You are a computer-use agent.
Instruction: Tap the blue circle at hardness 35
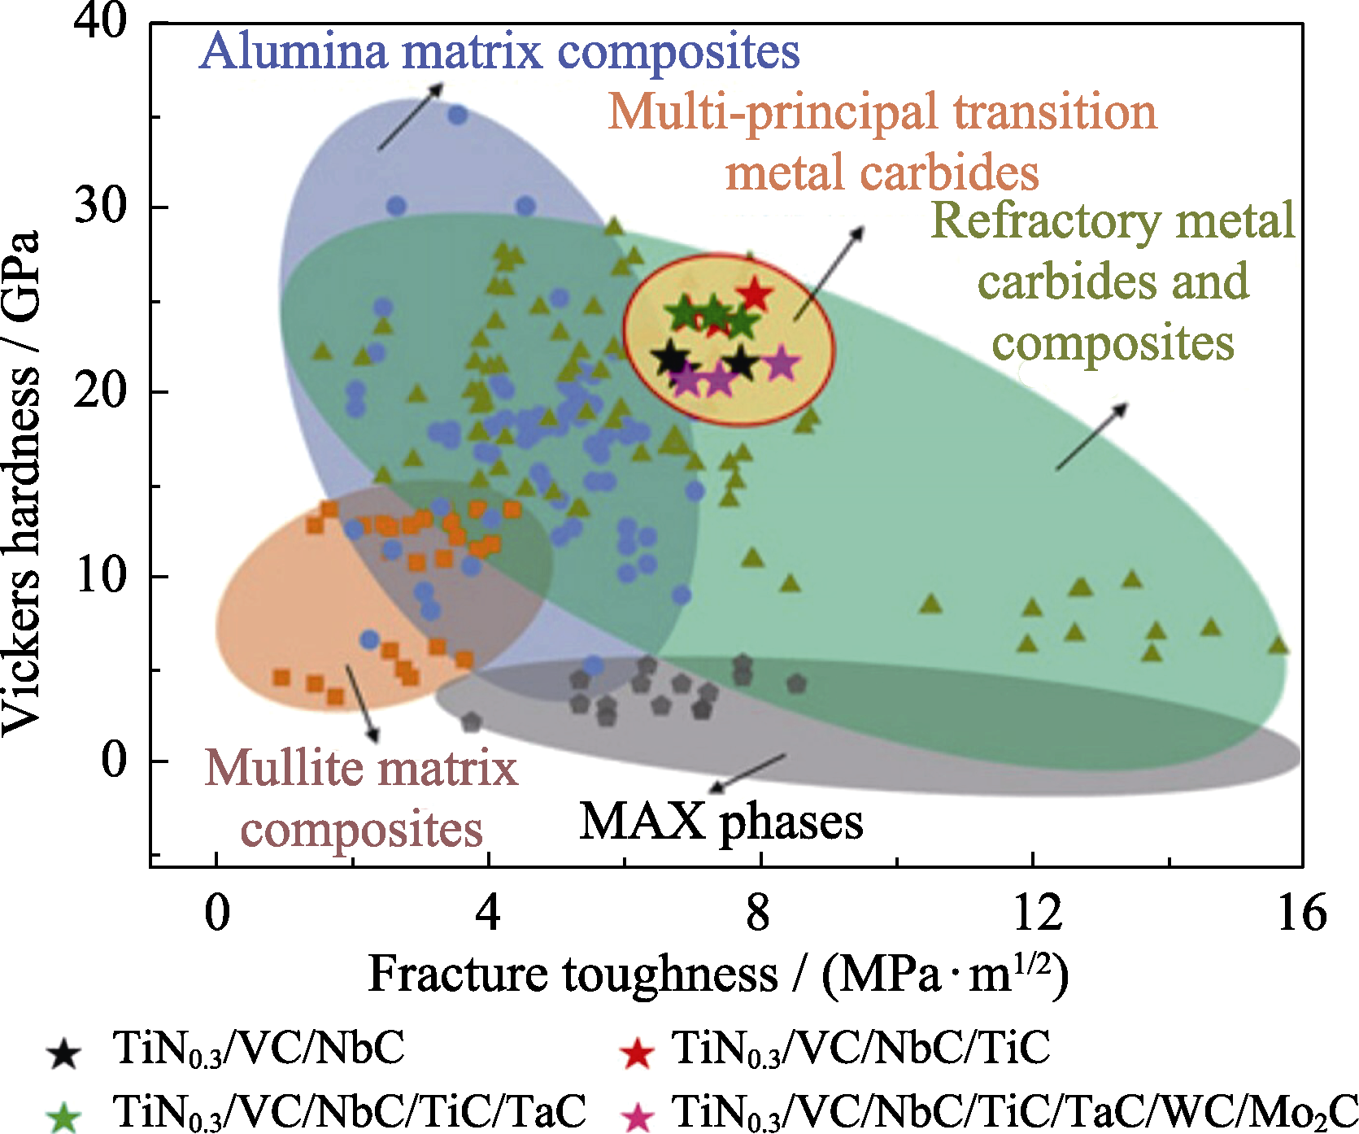[458, 115]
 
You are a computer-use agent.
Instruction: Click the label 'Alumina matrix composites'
[499, 51]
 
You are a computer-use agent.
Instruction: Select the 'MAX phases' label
[721, 822]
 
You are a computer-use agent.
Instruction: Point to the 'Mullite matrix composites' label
[362, 798]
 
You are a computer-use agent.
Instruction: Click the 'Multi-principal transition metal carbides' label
[882, 142]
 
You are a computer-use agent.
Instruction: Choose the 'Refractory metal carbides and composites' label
[1113, 281]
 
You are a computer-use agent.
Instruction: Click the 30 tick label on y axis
[101, 205]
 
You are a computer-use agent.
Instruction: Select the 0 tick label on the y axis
[115, 760]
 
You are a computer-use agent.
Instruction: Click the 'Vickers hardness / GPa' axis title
[21, 483]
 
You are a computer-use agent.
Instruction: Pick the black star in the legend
[63, 1053]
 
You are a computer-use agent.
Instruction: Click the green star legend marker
[63, 1116]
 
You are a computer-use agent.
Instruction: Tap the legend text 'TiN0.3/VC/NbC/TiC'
[860, 1049]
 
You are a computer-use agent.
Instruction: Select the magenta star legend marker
[636, 1116]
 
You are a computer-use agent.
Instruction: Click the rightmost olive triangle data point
[1278, 646]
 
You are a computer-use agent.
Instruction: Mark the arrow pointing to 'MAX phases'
[747, 773]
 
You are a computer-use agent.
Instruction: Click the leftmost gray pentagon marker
[471, 721]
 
